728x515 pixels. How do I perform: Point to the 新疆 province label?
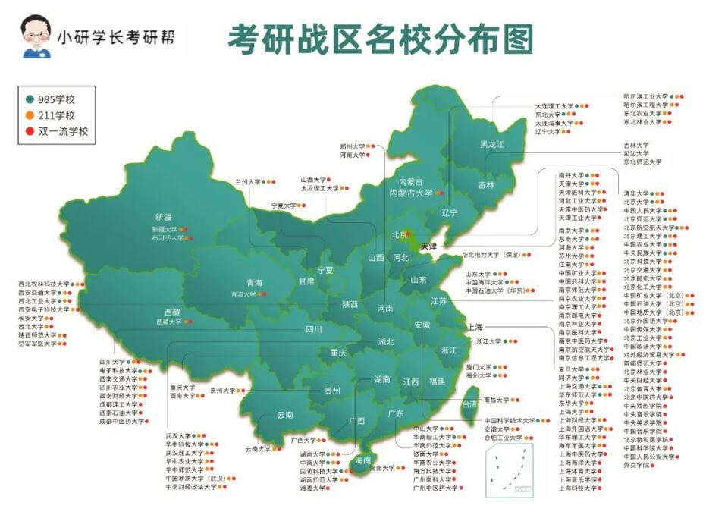click(164, 216)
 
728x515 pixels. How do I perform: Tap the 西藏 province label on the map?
click(171, 311)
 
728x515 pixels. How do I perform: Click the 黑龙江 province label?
click(491, 144)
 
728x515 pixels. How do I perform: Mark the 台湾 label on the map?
click(470, 405)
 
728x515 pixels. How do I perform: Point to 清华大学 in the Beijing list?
click(636, 193)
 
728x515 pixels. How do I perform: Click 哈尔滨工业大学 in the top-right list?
click(645, 97)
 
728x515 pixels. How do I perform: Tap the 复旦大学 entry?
click(572, 369)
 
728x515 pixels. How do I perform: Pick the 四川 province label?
click(314, 329)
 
